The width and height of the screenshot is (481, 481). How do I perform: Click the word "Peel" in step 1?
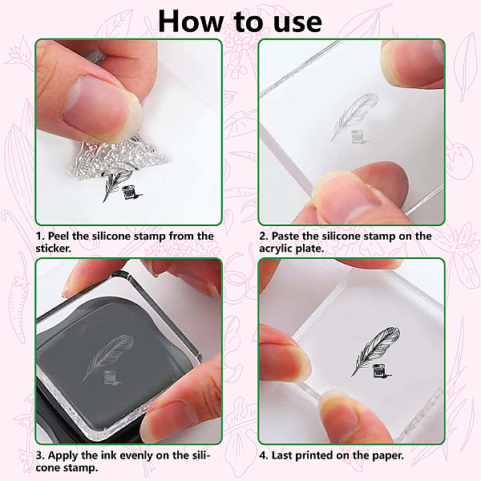click(59, 236)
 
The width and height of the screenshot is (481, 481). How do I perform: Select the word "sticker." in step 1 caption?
click(54, 249)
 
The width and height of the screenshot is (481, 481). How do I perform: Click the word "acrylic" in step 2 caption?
click(276, 249)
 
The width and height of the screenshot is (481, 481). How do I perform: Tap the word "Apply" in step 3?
click(63, 456)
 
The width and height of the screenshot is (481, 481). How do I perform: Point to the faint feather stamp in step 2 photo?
click(354, 118)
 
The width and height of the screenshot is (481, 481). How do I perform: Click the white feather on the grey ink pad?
click(107, 358)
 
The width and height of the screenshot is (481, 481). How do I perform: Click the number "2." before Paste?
click(264, 236)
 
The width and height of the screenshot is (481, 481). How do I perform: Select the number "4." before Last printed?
click(264, 455)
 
